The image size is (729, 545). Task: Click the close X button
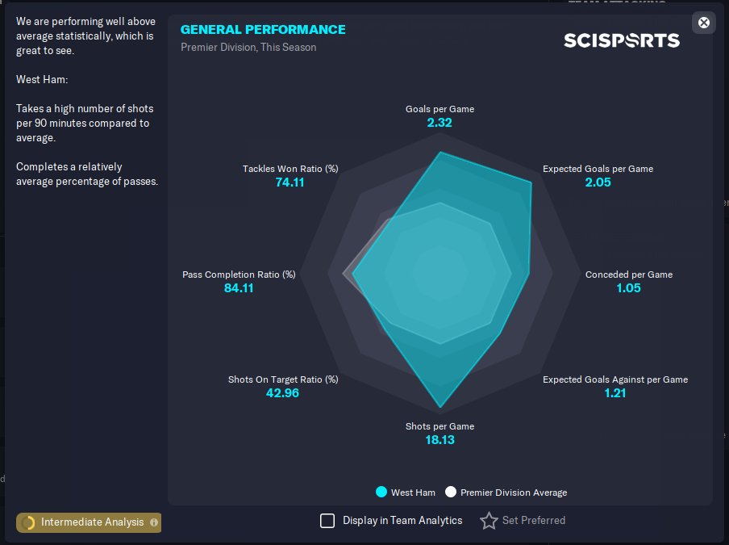pos(704,23)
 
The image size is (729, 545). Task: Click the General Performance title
pos(263,30)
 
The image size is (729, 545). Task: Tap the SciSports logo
pos(621,40)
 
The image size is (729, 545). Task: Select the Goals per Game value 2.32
pos(439,123)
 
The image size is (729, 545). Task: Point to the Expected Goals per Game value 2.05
pos(598,182)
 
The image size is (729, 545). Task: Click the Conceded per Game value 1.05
pos(628,288)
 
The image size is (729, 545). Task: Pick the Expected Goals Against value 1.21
pos(614,393)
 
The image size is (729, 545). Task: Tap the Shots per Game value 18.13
pos(439,440)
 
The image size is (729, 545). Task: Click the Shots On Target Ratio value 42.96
pos(282,393)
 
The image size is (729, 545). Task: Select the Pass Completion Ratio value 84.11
pos(239,288)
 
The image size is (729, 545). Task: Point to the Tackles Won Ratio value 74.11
pos(290,182)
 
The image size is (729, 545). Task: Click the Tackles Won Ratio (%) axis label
pos(290,169)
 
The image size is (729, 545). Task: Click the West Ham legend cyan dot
pos(381,493)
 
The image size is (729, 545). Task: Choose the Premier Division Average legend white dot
pos(451,493)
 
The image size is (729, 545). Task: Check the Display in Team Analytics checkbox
pos(327,521)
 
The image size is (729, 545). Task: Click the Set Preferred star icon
pos(489,521)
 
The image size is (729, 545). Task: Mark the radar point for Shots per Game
pos(440,406)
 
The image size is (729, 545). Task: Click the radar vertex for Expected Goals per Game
pos(531,183)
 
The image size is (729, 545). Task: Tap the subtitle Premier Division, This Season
pos(248,48)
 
